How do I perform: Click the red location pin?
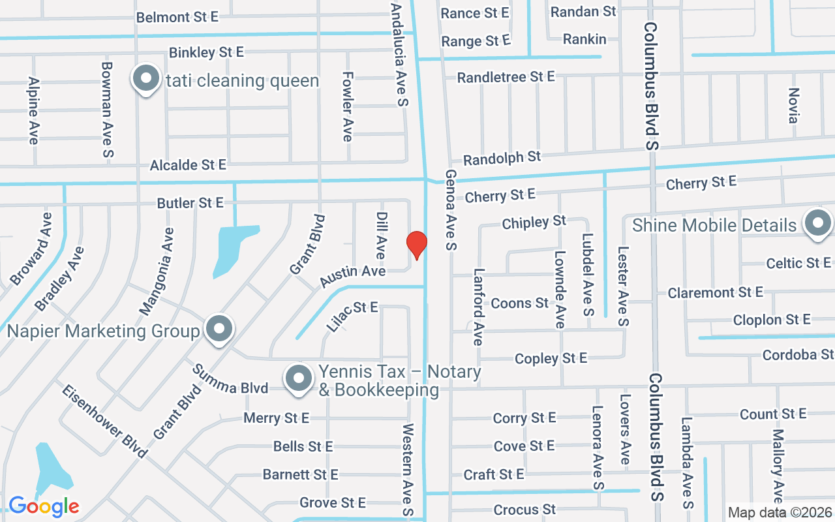tap(417, 245)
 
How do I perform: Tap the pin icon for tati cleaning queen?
tap(147, 79)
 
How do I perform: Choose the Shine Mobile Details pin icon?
tap(817, 224)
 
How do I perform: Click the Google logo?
tap(44, 506)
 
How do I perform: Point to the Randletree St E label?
tap(506, 77)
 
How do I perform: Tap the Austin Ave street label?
tap(352, 276)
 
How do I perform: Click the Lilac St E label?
tap(352, 316)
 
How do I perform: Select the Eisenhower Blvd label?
tap(104, 421)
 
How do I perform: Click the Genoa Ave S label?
tap(451, 210)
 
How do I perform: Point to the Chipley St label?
tap(534, 223)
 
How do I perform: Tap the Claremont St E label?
tap(715, 292)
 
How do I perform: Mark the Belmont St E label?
tap(177, 17)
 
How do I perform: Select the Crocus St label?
tap(524, 510)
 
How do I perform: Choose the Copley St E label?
tap(551, 358)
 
